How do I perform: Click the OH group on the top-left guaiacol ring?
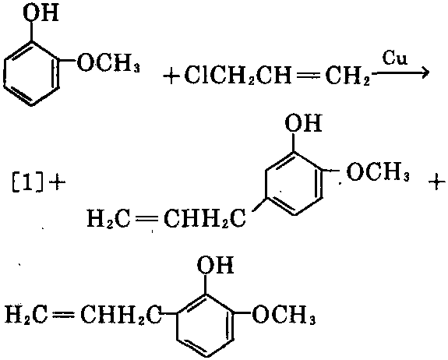[41, 12]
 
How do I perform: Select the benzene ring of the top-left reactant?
[32, 74]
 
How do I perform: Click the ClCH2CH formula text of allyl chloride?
[238, 76]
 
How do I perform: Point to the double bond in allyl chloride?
[308, 76]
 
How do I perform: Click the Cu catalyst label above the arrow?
[394, 58]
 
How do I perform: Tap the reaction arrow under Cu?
[400, 73]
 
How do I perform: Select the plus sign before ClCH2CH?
[171, 76]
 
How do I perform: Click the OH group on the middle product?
[303, 123]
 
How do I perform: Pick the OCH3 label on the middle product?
[378, 171]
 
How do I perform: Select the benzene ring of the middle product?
[294, 183]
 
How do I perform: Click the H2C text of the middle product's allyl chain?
[108, 219]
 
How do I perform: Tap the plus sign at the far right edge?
[437, 181]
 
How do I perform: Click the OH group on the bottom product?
[215, 265]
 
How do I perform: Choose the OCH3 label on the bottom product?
[284, 314]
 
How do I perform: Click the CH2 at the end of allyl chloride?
[347, 76]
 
